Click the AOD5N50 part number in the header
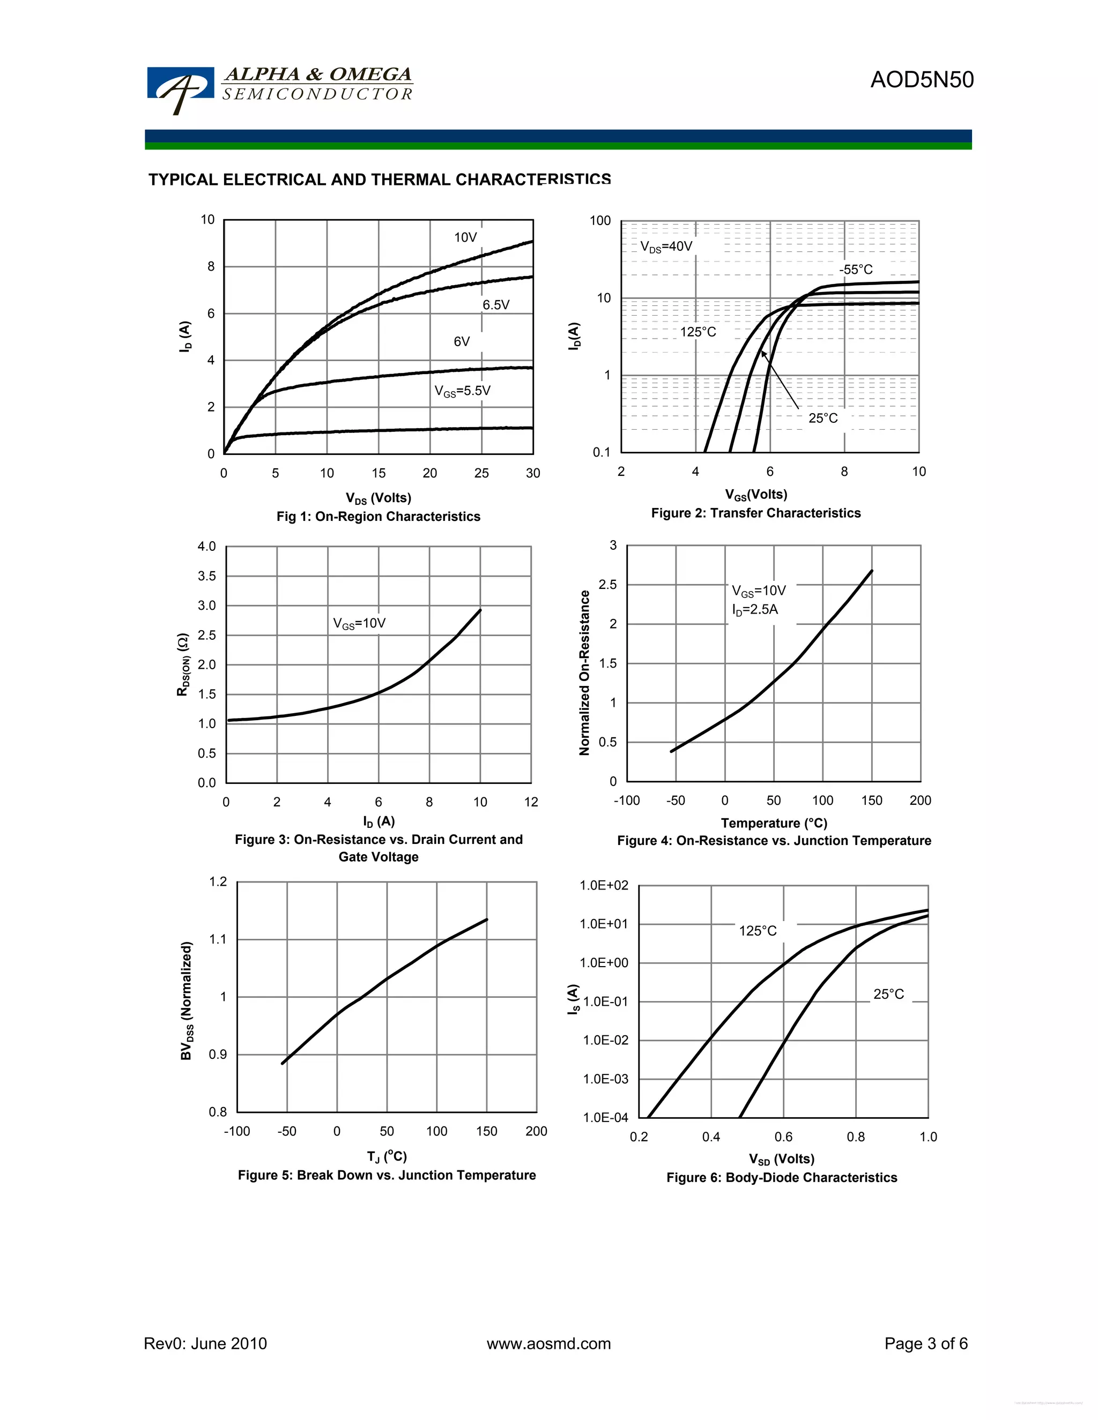(x=922, y=80)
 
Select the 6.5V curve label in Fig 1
(x=496, y=305)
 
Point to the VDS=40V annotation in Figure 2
(x=666, y=246)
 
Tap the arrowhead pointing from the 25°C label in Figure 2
(x=763, y=354)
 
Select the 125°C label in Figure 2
(x=698, y=332)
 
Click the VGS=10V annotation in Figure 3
(x=359, y=624)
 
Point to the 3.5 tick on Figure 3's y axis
(x=207, y=576)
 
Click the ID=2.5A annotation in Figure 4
(x=754, y=610)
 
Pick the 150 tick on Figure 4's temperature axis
(x=871, y=801)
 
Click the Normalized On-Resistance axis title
(x=584, y=673)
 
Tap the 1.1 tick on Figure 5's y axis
(x=218, y=939)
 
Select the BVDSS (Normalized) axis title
(x=187, y=1000)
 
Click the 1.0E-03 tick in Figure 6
(x=605, y=1079)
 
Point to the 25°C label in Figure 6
(x=888, y=994)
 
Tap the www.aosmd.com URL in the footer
(x=548, y=1344)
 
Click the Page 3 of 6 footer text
(x=925, y=1344)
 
